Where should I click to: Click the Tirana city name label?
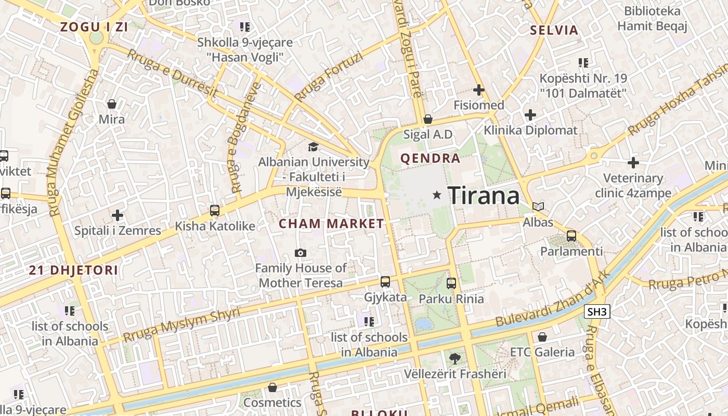tap(483, 196)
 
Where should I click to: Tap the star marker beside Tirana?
tap(437, 195)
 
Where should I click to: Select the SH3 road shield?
tap(597, 312)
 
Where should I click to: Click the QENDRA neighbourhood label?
tap(430, 159)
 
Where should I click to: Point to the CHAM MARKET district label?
tap(331, 224)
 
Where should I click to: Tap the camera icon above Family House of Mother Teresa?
tap(300, 253)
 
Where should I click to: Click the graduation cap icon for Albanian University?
tap(313, 147)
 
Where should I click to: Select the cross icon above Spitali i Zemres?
tap(118, 215)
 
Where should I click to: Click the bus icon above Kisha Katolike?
tap(214, 211)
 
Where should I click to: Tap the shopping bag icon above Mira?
tap(111, 104)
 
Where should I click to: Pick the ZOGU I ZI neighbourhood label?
tap(94, 28)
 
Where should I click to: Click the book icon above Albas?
tap(538, 207)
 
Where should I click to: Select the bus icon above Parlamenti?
tap(571, 236)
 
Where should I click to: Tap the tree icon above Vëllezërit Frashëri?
tap(454, 358)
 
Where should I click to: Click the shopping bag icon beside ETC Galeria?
tap(542, 337)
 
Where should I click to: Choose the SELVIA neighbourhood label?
tap(554, 30)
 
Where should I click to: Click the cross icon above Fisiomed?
tap(478, 90)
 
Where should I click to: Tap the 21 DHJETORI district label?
tap(73, 270)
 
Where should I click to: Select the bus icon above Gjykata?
tap(385, 282)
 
